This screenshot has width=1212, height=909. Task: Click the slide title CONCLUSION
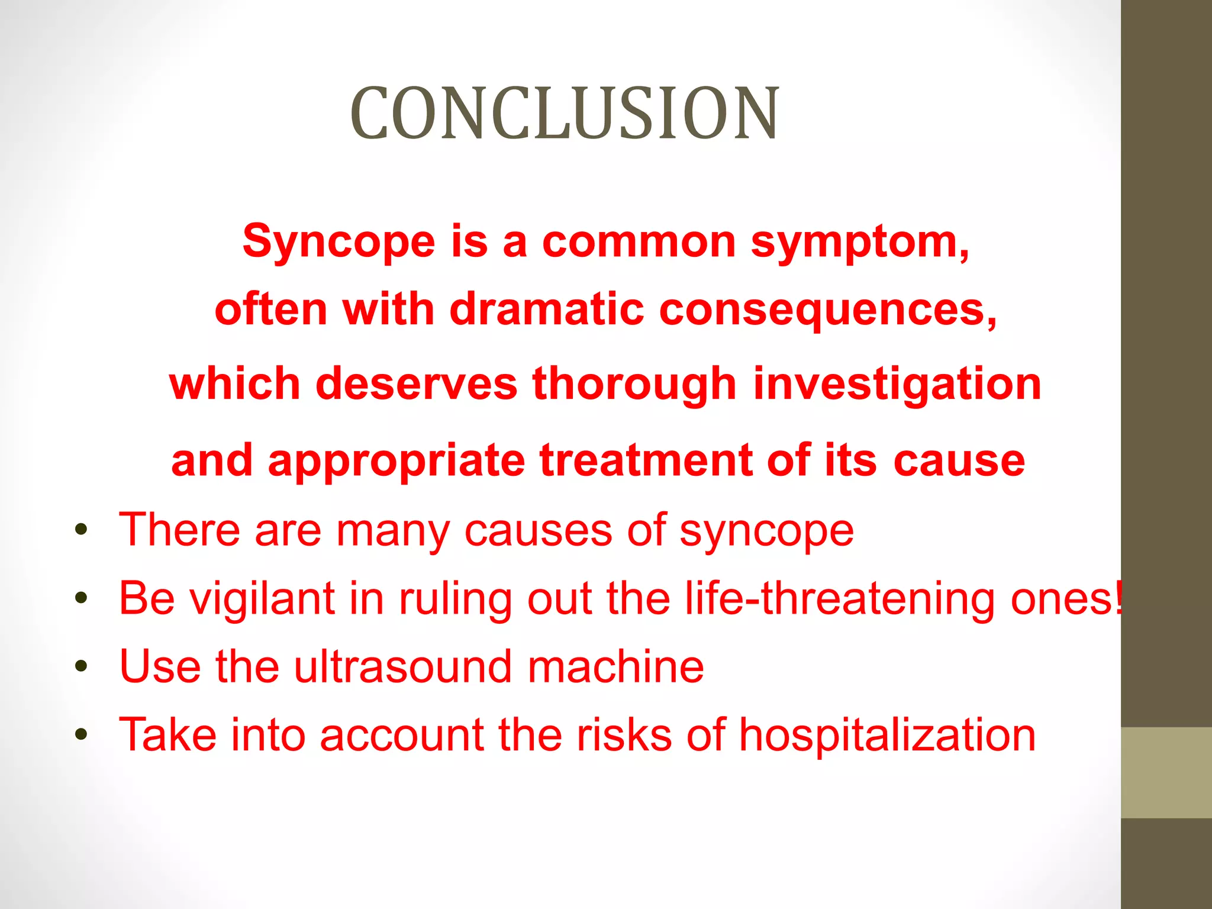[565, 113]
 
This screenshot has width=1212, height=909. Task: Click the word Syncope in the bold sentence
[339, 241]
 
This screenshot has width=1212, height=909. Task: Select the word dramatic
[546, 309]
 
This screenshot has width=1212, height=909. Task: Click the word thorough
[634, 383]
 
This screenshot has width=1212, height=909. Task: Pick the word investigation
[897, 383]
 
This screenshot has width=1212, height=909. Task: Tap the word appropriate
[396, 460]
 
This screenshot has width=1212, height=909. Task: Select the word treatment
[646, 460]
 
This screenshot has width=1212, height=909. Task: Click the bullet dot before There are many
[82, 530]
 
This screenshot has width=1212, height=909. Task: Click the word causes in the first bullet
[538, 530]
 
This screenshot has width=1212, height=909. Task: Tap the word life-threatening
[840, 598]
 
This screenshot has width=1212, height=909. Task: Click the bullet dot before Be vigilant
[82, 598]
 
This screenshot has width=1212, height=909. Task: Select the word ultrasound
[403, 666]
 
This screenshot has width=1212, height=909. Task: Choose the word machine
[615, 666]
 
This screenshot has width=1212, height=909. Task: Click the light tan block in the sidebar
[1166, 772]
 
